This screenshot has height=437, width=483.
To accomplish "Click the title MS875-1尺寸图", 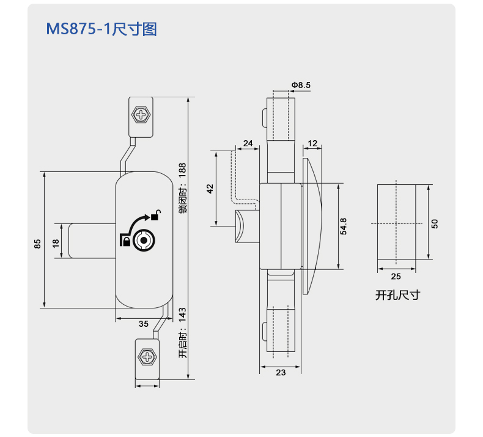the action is (101, 29).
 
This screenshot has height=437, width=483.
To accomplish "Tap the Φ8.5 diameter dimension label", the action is (301, 85).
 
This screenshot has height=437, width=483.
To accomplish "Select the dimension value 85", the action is (37, 244).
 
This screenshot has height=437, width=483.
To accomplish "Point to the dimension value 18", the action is (56, 244).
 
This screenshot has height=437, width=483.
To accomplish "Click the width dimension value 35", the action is (144, 324).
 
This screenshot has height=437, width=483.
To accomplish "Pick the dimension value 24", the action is (248, 143).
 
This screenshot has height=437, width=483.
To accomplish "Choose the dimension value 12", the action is (312, 143).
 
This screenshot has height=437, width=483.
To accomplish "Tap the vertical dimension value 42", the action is (210, 189).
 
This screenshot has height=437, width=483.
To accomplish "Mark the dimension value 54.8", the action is (343, 226).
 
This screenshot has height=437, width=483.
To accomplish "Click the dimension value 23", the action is (281, 373).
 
